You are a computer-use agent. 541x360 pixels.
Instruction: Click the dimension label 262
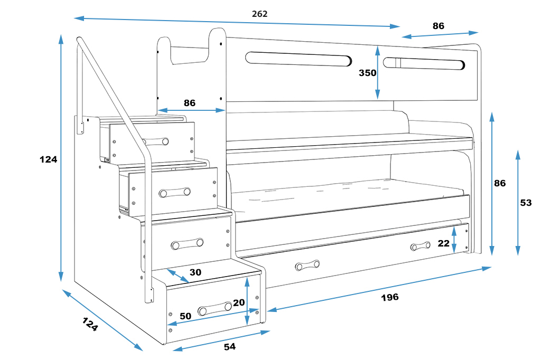[x=259, y=14]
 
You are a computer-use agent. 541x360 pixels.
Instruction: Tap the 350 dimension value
[x=368, y=73]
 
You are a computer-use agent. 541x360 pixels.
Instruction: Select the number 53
[x=526, y=202]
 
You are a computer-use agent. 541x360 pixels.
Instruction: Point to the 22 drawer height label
[x=444, y=243]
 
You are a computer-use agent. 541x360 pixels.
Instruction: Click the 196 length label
[x=390, y=297]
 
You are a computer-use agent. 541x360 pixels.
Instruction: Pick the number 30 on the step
[x=195, y=272]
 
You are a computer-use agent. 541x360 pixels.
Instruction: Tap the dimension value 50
[x=185, y=316]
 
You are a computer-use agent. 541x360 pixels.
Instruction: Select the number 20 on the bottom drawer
[x=239, y=302]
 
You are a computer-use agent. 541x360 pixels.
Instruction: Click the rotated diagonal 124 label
[x=89, y=324]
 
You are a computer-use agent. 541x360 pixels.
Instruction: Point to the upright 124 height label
[x=48, y=159]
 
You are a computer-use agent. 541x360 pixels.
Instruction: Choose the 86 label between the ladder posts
[x=190, y=103]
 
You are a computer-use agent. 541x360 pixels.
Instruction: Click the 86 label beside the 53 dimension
[x=500, y=183]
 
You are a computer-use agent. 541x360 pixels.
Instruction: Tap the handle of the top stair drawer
[x=156, y=141]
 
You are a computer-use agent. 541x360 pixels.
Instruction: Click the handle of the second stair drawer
[x=175, y=192]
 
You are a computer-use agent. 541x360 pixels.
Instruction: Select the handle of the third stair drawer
[x=187, y=244]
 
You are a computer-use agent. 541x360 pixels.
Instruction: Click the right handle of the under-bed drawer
[x=421, y=247]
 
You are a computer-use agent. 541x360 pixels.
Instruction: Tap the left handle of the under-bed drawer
[x=307, y=264]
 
